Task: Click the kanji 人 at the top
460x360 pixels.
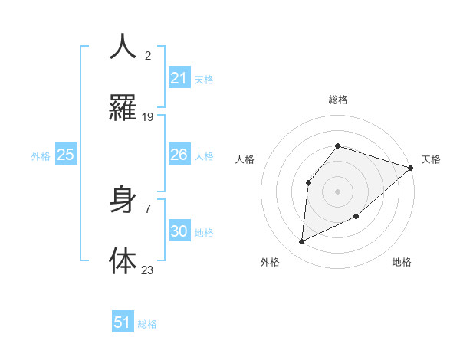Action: pyautogui.click(x=123, y=47)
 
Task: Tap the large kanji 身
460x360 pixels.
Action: pyautogui.click(x=123, y=201)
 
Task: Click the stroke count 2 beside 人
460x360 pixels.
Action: pyautogui.click(x=148, y=56)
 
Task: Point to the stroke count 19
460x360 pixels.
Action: pyautogui.click(x=148, y=117)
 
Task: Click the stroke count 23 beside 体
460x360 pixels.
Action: pyautogui.click(x=148, y=270)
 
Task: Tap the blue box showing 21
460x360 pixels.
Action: pyautogui.click(x=179, y=78)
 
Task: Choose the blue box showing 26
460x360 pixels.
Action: pyautogui.click(x=179, y=155)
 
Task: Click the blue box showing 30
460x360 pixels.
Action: pyautogui.click(x=179, y=231)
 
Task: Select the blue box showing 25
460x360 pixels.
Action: pyautogui.click(x=66, y=155)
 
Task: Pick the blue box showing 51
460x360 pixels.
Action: pyautogui.click(x=123, y=322)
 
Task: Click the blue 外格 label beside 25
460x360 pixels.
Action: pyautogui.click(x=41, y=156)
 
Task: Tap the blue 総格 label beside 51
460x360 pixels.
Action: pyautogui.click(x=147, y=324)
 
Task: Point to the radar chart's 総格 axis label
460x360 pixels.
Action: pyautogui.click(x=337, y=100)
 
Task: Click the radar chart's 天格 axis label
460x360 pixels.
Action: pyautogui.click(x=431, y=159)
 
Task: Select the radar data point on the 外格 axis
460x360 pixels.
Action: pyautogui.click(x=301, y=242)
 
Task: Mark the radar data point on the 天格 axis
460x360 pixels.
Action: pyautogui.click(x=411, y=168)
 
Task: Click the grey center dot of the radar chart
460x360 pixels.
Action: pyautogui.click(x=337, y=191)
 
